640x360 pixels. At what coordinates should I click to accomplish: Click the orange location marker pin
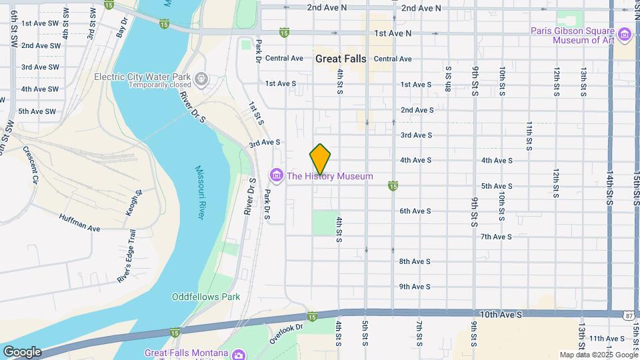click(321, 159)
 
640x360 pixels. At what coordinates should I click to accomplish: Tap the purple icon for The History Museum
click(276, 176)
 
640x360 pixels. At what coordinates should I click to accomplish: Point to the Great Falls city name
click(341, 59)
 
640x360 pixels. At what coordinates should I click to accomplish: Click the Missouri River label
click(201, 193)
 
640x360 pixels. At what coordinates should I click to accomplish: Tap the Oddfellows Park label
click(205, 297)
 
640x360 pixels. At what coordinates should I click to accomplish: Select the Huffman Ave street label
click(79, 223)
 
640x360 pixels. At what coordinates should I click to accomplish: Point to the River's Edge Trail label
click(127, 266)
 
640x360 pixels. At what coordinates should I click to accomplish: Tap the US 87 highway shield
click(630, 315)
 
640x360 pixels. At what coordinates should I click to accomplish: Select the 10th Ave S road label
click(500, 313)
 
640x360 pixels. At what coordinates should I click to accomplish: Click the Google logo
click(21, 352)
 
